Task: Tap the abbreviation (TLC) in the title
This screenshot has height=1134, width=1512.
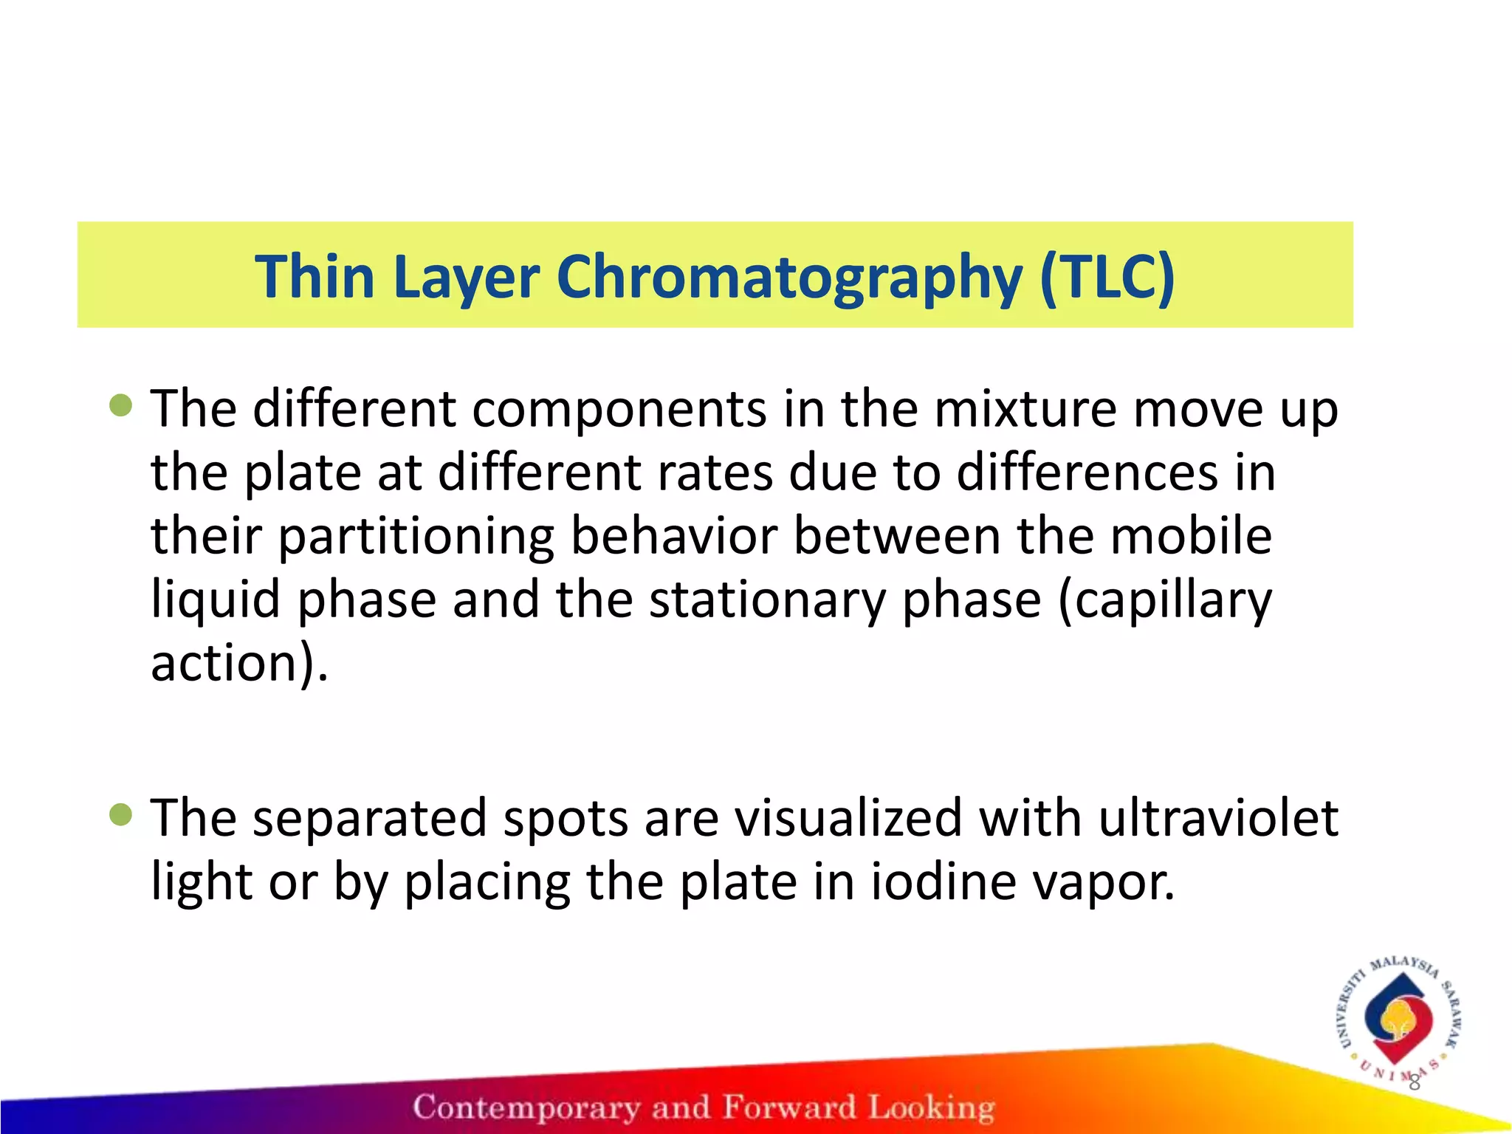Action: tap(1107, 276)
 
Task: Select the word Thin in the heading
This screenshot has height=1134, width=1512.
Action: tap(315, 276)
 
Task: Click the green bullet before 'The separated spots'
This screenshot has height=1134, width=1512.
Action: tap(120, 814)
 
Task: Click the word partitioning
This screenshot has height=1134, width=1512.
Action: tap(416, 537)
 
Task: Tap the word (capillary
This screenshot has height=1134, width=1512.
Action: tap(1166, 599)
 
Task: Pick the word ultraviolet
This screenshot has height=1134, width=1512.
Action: tap(1218, 818)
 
